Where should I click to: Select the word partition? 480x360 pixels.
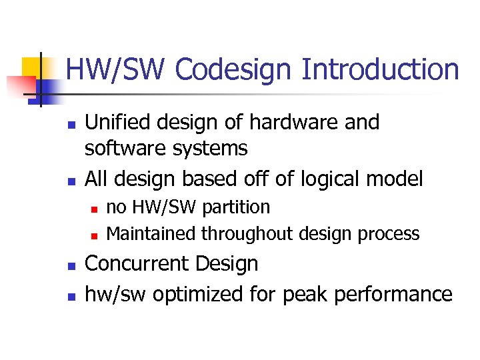point(236,207)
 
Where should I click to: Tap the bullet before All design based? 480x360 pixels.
point(69,181)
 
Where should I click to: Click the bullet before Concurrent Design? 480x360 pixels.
point(69,265)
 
